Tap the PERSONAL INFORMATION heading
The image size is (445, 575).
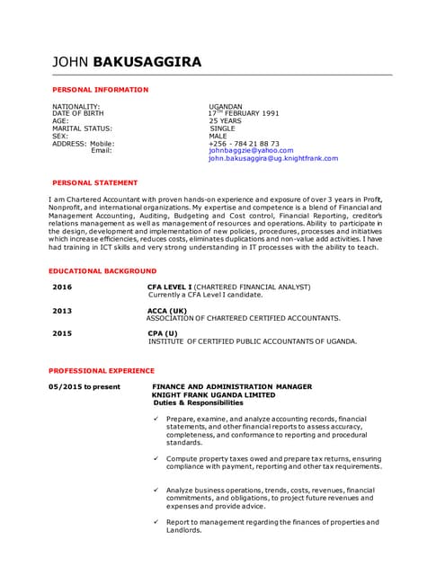point(100,90)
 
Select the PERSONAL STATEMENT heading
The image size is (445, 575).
point(94,182)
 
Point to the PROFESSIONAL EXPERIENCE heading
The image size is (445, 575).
point(101,370)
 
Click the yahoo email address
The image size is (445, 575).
point(251,150)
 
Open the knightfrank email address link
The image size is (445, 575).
point(273,158)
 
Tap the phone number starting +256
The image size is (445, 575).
point(244,143)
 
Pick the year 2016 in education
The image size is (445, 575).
point(62,287)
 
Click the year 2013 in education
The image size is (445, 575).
point(62,310)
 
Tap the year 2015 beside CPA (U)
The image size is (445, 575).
point(62,333)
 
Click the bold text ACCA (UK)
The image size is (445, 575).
point(167,310)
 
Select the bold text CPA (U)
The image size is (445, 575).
point(165,333)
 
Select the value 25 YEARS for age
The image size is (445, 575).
point(226,120)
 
